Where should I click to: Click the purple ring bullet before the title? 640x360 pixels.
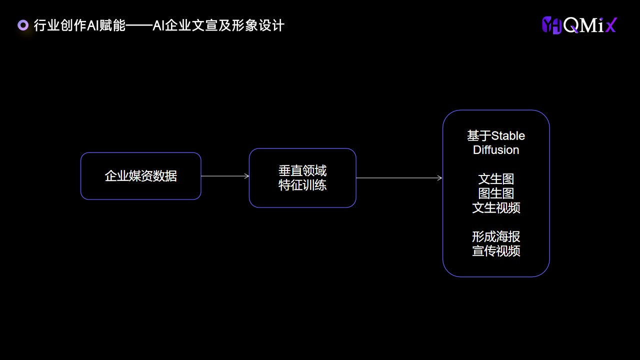click(x=23, y=25)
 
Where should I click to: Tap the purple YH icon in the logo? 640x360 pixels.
click(x=552, y=25)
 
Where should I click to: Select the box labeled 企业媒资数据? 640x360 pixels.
click(x=141, y=176)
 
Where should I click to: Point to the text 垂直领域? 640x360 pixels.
click(x=302, y=170)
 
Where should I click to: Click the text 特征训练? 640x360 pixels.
click(x=302, y=185)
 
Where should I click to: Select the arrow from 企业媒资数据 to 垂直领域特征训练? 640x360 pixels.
click(x=225, y=176)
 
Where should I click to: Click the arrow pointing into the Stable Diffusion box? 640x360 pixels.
click(x=399, y=177)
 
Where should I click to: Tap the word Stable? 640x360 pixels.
click(x=508, y=135)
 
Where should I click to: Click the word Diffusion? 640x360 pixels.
click(x=496, y=150)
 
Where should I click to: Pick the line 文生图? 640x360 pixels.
click(x=496, y=179)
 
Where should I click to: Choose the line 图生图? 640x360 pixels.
click(x=496, y=193)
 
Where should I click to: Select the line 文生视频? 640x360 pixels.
click(x=496, y=207)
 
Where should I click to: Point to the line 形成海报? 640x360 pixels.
click(x=496, y=236)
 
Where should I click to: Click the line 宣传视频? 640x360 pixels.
click(x=496, y=251)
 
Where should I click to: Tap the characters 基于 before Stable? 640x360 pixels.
click(x=479, y=135)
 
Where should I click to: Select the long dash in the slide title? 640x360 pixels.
click(x=139, y=25)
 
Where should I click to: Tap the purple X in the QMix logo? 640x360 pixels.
click(x=611, y=25)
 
